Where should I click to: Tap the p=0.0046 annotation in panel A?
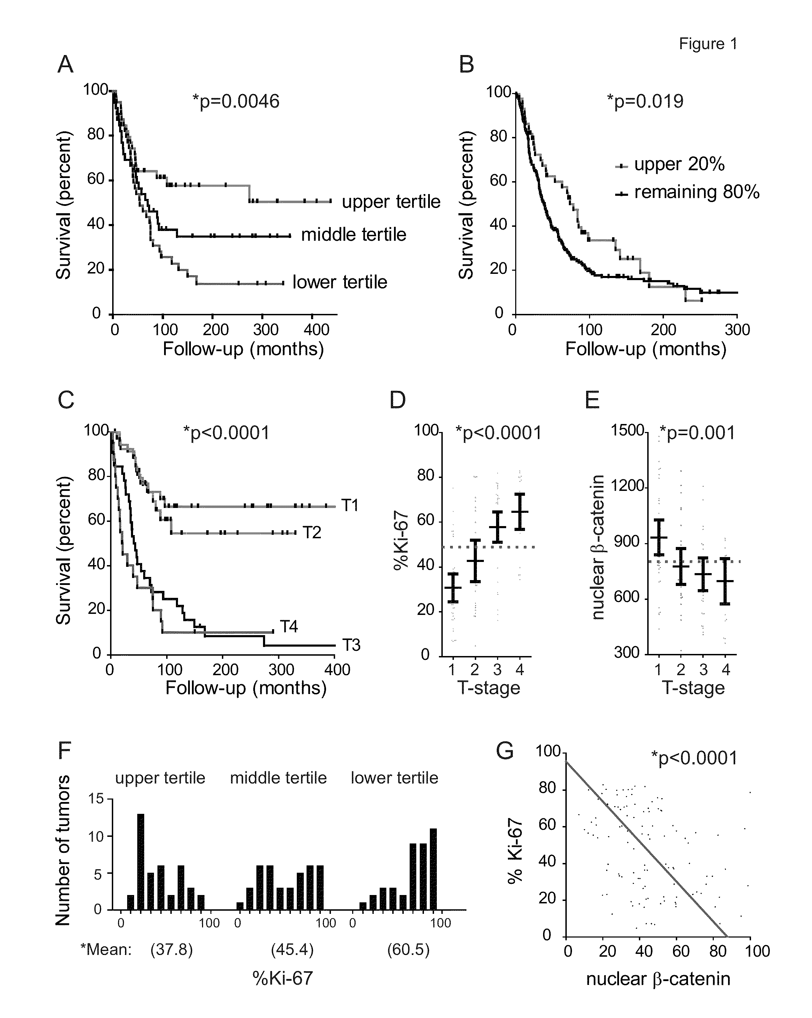[x=236, y=101]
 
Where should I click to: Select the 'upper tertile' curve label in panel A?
[x=391, y=202]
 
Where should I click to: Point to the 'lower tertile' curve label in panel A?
[x=340, y=282]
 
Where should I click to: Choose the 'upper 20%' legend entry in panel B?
[x=670, y=164]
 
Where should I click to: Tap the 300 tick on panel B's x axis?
[x=737, y=330]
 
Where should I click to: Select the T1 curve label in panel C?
[x=350, y=506]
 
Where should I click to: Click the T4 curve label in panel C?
[x=289, y=626]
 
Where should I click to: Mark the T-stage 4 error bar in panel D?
[x=520, y=512]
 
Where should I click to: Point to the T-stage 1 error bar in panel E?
[x=659, y=537]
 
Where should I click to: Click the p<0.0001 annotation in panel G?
[x=694, y=758]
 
